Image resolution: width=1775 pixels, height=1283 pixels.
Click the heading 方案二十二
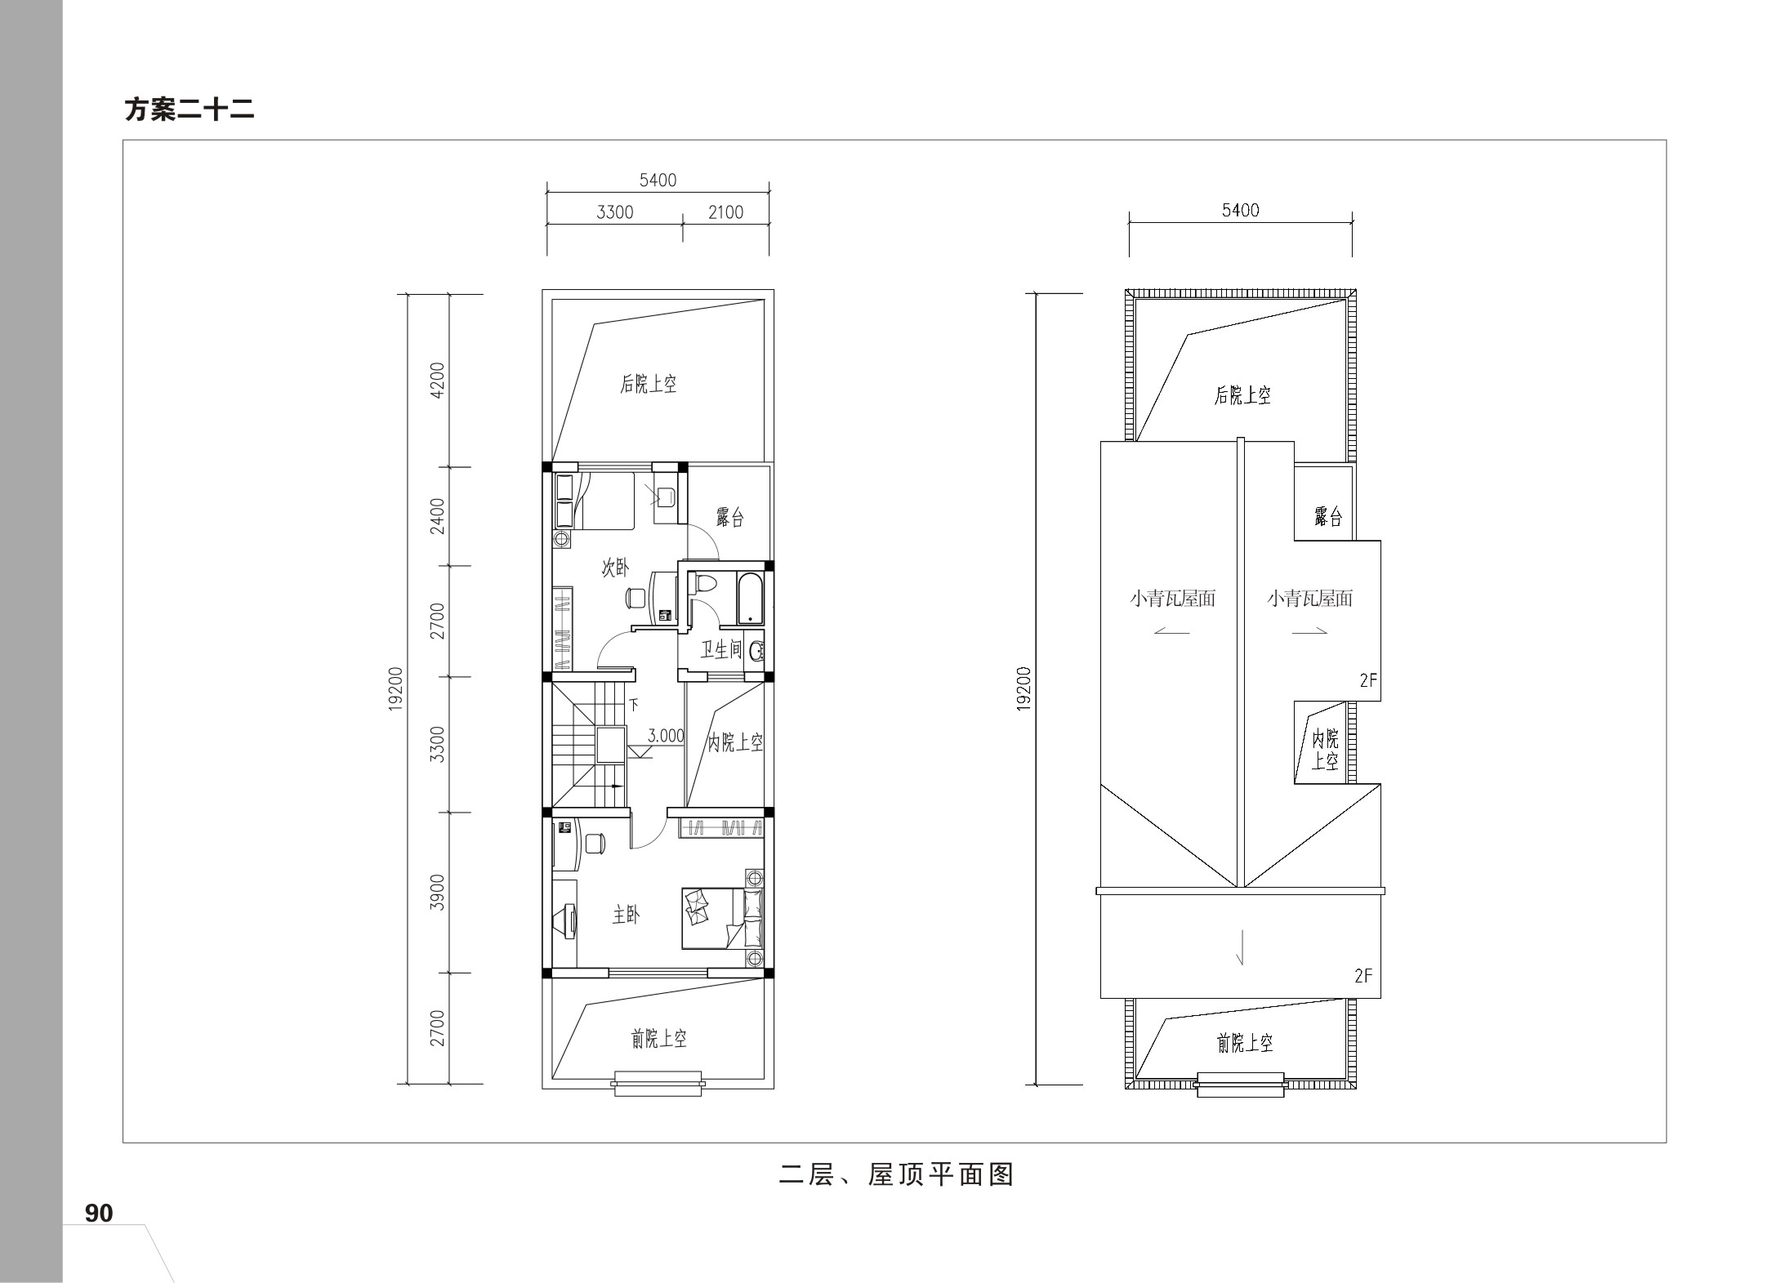[x=190, y=109]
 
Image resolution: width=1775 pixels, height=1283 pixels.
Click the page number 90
[x=99, y=1214]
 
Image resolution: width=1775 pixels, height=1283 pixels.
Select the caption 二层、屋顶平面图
[x=896, y=1175]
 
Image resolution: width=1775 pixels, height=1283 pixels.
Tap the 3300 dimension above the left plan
[x=615, y=212]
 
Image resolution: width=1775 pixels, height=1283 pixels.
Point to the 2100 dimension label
[x=725, y=212]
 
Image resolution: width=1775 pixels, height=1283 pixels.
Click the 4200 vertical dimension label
[x=438, y=380]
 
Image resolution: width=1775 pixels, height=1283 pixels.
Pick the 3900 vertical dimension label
[x=438, y=892]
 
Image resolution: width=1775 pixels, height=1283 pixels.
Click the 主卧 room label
[x=627, y=915]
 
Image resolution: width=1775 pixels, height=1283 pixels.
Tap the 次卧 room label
[x=616, y=568]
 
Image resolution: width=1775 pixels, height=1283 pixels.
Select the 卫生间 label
[x=720, y=650]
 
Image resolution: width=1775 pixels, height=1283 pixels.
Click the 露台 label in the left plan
[x=730, y=518]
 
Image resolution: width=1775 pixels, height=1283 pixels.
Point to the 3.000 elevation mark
[x=666, y=736]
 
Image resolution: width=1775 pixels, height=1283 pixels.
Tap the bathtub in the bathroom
[x=750, y=599]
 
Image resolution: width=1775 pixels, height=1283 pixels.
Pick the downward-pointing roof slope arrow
[x=1241, y=947]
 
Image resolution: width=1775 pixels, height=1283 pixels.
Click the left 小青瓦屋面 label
[x=1173, y=599]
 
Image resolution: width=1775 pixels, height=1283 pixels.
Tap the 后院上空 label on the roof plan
[x=1242, y=395]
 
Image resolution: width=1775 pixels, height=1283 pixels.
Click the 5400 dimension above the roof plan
[x=1241, y=211]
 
